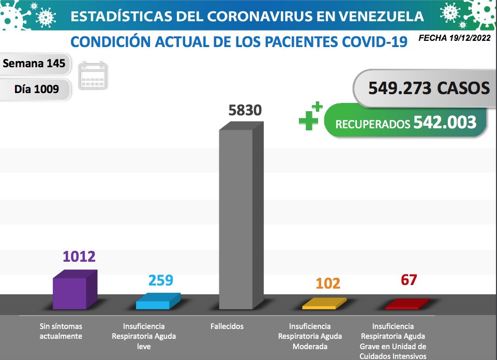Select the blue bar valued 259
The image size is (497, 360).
pyautogui.click(x=157, y=302)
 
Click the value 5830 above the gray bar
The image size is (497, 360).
pyautogui.click(x=245, y=110)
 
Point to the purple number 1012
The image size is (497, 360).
pyautogui.click(x=79, y=257)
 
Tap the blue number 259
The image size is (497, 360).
pyautogui.click(x=161, y=280)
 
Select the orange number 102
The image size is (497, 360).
pyautogui.click(x=328, y=283)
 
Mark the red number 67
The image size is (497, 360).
pyautogui.click(x=409, y=280)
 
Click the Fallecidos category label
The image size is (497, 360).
pyautogui.click(x=227, y=326)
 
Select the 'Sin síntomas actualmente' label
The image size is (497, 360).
pyautogui.click(x=61, y=331)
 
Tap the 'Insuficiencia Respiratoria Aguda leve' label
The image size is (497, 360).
pyautogui.click(x=144, y=336)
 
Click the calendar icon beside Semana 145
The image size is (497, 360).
pyautogui.click(x=93, y=76)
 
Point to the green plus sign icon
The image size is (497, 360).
pyautogui.click(x=310, y=116)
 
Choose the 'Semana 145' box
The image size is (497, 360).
pyautogui.click(x=34, y=64)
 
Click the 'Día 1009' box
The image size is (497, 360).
pyautogui.click(x=36, y=89)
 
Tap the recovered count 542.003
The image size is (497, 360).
pyautogui.click(x=445, y=123)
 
